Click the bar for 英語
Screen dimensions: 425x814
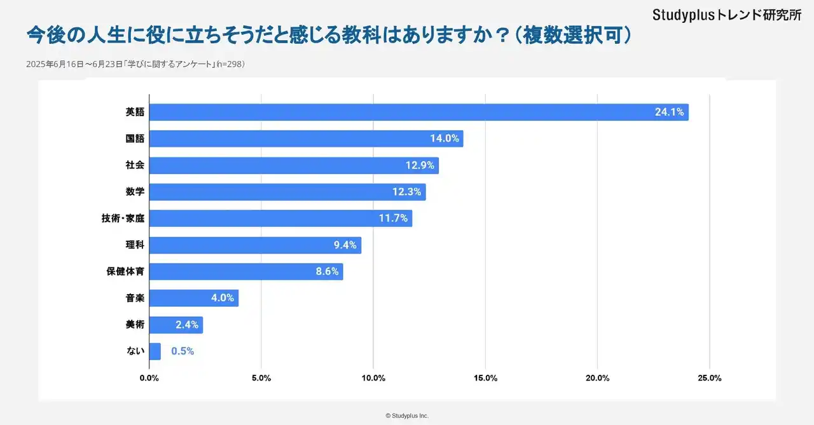click(x=418, y=112)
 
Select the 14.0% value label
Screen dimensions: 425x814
click(x=445, y=138)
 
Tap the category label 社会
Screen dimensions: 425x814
click(x=135, y=165)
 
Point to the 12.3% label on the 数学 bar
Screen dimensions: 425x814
click(x=407, y=192)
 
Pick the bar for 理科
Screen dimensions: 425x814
click(x=255, y=245)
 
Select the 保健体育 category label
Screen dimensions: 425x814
click(x=125, y=271)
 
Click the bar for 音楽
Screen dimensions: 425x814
click(x=194, y=298)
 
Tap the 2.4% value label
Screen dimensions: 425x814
click(x=187, y=325)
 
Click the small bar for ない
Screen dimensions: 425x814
click(x=155, y=351)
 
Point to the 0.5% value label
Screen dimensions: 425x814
click(x=183, y=351)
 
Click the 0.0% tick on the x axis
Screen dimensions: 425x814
click(x=149, y=378)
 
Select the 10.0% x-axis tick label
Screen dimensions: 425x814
click(x=373, y=378)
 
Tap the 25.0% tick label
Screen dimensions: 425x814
click(x=709, y=378)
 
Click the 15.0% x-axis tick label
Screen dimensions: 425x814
click(x=485, y=378)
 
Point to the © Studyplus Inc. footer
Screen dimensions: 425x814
click(x=407, y=415)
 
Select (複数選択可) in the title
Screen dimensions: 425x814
click(x=572, y=35)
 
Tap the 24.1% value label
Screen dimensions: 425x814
click(x=669, y=112)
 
